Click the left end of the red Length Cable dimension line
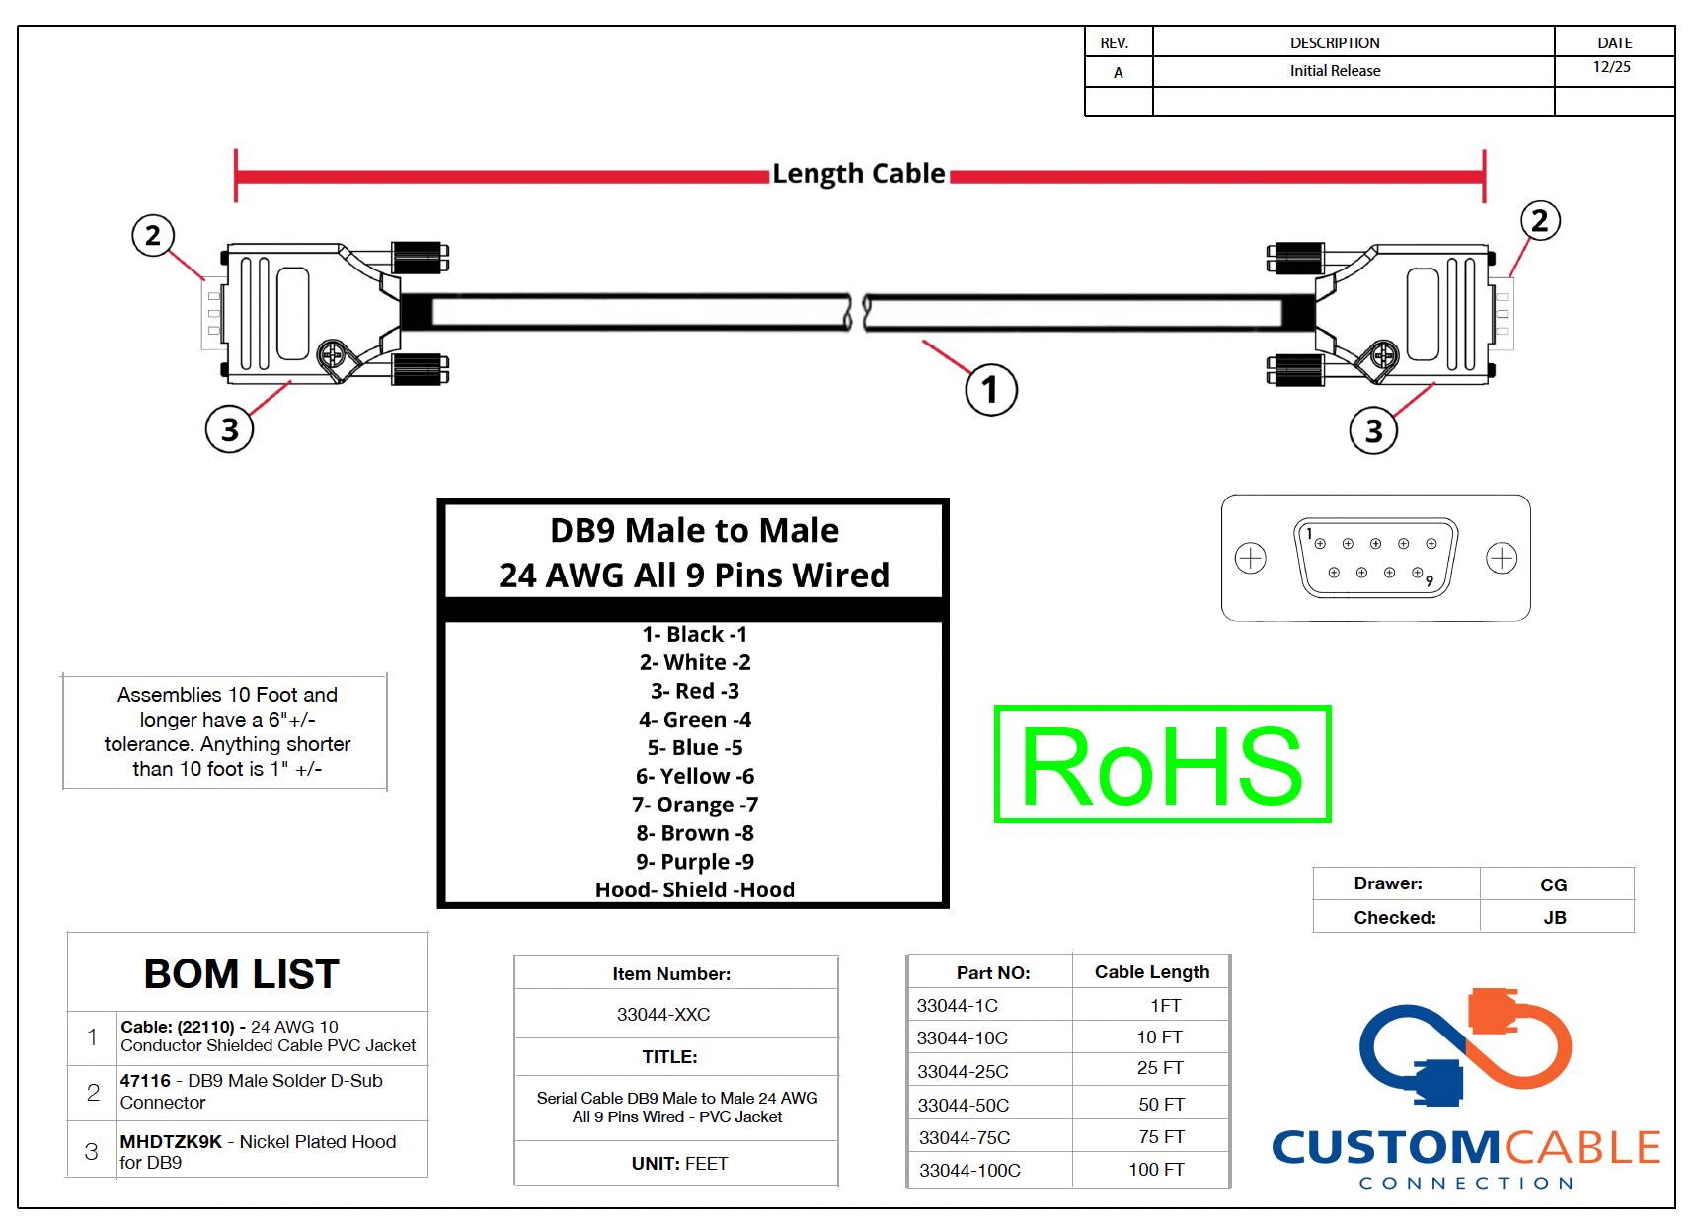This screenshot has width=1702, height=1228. pyautogui.click(x=236, y=177)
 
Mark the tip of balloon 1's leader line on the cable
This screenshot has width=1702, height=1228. pyautogui.click(x=923, y=342)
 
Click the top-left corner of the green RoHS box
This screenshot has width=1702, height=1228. pyautogui.click(x=996, y=707)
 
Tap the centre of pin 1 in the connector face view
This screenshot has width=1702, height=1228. pyautogui.click(x=1320, y=544)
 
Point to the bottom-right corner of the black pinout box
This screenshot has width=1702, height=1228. pyautogui.click(x=947, y=906)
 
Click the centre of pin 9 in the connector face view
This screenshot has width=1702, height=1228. pyautogui.click(x=1417, y=573)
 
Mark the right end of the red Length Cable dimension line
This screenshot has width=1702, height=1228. pyautogui.click(x=1484, y=177)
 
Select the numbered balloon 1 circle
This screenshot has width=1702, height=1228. pyautogui.click(x=991, y=389)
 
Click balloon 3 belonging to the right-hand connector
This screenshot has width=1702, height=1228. pyautogui.click(x=1373, y=430)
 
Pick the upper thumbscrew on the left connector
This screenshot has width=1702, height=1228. pyautogui.click(x=421, y=258)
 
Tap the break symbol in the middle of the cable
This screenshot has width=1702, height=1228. pyautogui.click(x=857, y=312)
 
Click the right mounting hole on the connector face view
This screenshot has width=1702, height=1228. pyautogui.click(x=1502, y=558)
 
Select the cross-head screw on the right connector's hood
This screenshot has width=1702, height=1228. pyautogui.click(x=1384, y=354)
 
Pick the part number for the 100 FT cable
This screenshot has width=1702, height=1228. pyautogui.click(x=969, y=1170)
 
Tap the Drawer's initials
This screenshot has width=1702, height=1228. pyautogui.click(x=1553, y=884)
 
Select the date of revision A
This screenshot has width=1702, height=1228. pyautogui.click(x=1611, y=67)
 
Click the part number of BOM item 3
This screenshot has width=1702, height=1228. pyautogui.click(x=171, y=1141)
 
